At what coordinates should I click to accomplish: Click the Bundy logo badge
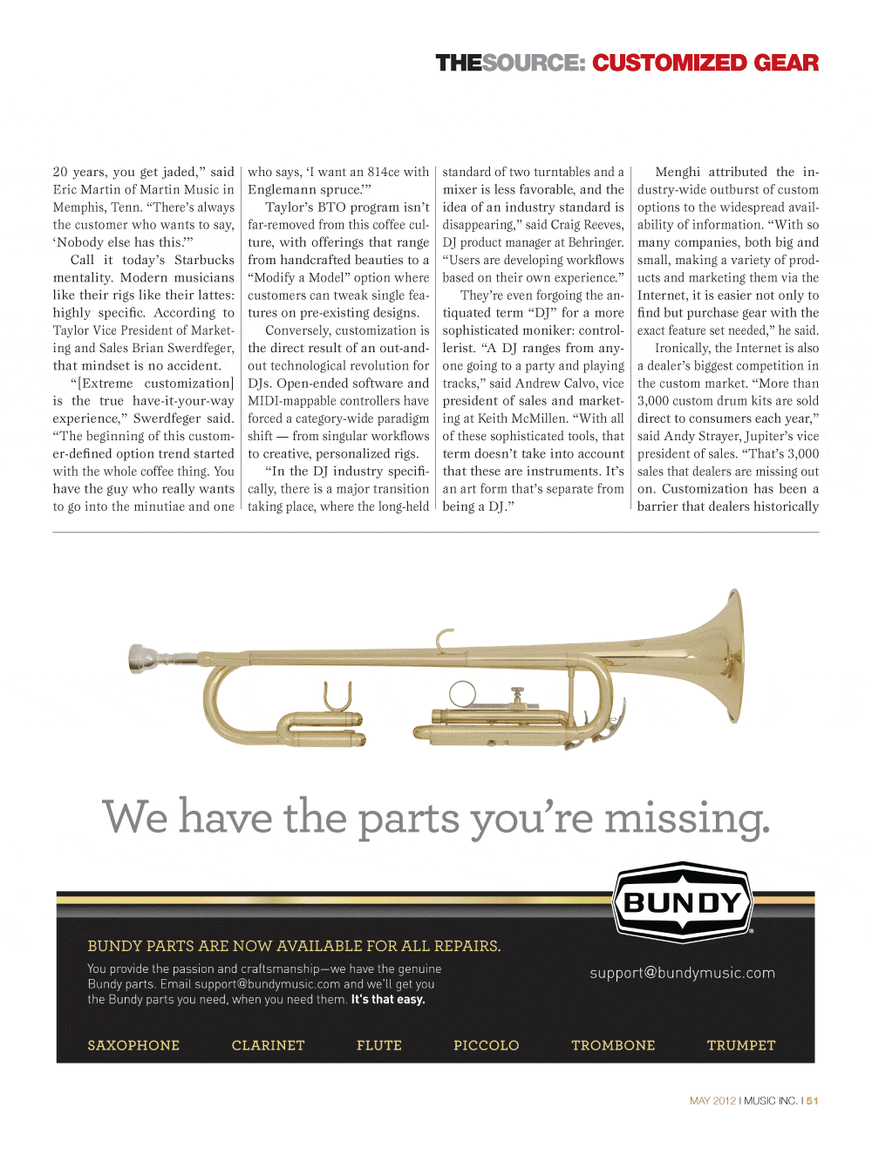pyautogui.click(x=683, y=902)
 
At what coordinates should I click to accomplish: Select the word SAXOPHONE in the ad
pyautogui.click(x=133, y=1045)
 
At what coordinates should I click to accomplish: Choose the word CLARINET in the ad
pyautogui.click(x=268, y=1045)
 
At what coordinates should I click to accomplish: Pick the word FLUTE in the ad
pyautogui.click(x=378, y=1045)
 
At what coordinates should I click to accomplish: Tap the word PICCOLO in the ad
pyautogui.click(x=486, y=1045)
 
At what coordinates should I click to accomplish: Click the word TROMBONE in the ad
pyautogui.click(x=613, y=1045)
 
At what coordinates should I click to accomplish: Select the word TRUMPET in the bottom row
pyautogui.click(x=740, y=1045)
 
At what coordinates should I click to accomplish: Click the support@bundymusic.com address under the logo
pyautogui.click(x=682, y=973)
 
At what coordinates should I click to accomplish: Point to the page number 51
pyautogui.click(x=812, y=1101)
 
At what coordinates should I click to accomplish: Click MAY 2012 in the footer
pyautogui.click(x=712, y=1101)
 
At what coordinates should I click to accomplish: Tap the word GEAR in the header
pyautogui.click(x=786, y=63)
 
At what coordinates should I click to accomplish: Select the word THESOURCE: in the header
pyautogui.click(x=510, y=63)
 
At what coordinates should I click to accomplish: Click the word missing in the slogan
pyautogui.click(x=687, y=819)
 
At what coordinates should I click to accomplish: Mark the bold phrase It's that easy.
pyautogui.click(x=388, y=1000)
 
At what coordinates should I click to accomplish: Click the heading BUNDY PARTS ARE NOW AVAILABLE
pyautogui.click(x=294, y=946)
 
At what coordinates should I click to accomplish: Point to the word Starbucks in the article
pyautogui.click(x=204, y=260)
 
